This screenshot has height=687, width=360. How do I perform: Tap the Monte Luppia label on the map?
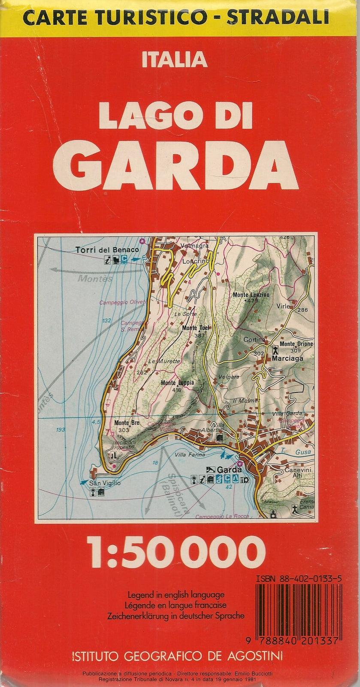(177, 383)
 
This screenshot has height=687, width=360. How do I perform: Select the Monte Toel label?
(196, 328)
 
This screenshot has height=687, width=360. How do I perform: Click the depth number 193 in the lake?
(60, 429)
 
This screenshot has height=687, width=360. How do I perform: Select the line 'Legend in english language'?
(176, 595)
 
